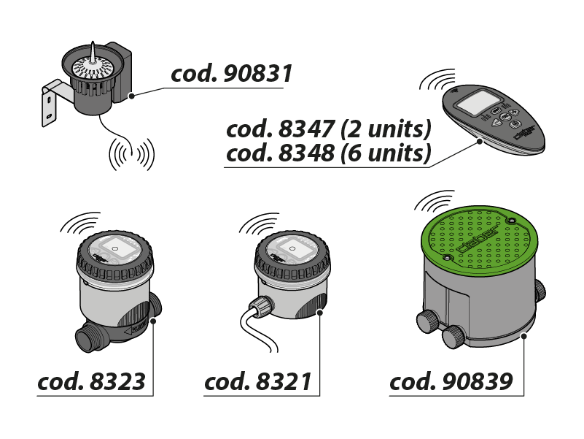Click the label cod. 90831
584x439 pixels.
pos(231,74)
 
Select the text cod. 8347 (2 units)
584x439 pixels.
pos(329,130)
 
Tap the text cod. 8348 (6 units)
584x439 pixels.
pos(329,153)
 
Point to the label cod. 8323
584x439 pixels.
pos(91,381)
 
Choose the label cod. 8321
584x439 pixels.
pos(258,381)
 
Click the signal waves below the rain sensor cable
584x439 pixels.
pos(131,154)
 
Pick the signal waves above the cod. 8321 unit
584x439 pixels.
pos(258,222)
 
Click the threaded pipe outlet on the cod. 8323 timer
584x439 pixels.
pos(87,338)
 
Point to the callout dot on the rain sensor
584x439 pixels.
pos(132,95)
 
